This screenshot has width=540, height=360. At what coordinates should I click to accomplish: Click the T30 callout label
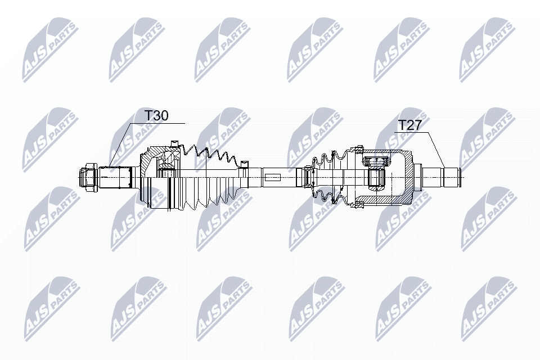pyautogui.click(x=156, y=116)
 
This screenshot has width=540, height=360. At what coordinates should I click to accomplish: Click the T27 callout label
pyautogui.click(x=409, y=125)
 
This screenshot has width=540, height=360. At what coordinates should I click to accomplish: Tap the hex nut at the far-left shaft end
pyautogui.click(x=88, y=177)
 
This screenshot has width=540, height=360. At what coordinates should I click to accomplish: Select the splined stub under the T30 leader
pyautogui.click(x=116, y=177)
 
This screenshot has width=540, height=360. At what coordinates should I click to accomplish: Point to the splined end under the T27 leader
pyautogui.click(x=452, y=177)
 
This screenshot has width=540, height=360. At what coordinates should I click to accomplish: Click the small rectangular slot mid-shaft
pyautogui.click(x=272, y=177)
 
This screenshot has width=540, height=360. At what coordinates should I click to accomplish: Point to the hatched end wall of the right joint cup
pyautogui.click(x=408, y=177)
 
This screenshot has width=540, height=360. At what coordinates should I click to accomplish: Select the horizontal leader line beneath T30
pyautogui.click(x=158, y=123)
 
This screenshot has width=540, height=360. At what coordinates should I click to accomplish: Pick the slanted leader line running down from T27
pyautogui.click(x=432, y=150)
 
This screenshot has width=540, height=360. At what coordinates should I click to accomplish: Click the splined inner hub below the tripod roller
pyautogui.click(x=377, y=177)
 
